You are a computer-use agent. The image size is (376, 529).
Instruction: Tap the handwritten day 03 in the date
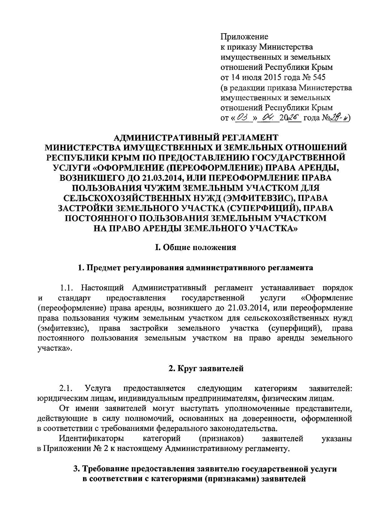click(241, 118)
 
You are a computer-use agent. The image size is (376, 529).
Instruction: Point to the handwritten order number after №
click(339, 118)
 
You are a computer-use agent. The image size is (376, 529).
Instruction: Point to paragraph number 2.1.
click(66, 389)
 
